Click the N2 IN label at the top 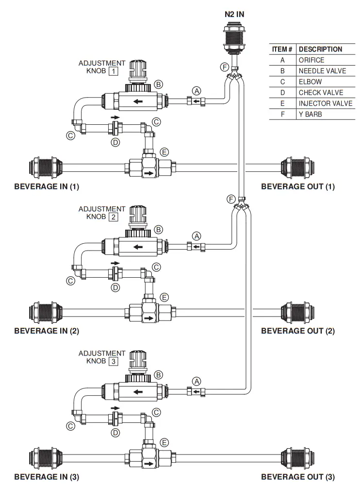(234, 14)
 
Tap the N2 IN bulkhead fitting (234, 39)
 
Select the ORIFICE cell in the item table (311, 60)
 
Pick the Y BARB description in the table (311, 114)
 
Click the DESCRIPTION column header (320, 49)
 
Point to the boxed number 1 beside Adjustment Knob (113, 71)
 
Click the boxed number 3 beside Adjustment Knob (113, 362)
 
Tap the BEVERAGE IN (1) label (47, 186)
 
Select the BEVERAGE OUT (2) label (298, 331)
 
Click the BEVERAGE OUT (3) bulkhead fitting (297, 458)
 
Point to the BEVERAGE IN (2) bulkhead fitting (46, 312)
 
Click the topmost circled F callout (224, 67)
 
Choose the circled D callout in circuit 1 (115, 143)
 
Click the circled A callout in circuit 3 (197, 382)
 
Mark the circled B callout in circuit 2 (158, 230)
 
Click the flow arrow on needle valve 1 (138, 101)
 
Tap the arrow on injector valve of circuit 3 (149, 464)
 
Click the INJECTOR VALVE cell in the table (326, 103)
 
